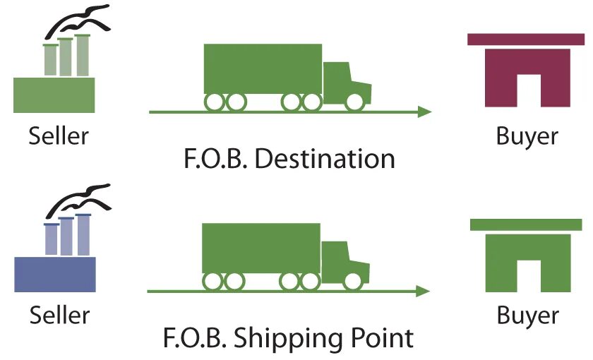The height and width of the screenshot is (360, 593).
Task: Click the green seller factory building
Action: click(54, 94)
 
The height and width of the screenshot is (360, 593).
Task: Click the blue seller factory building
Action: click(54, 274)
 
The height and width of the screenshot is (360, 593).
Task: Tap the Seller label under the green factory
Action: click(59, 134)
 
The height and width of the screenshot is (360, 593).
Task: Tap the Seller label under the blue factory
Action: click(59, 314)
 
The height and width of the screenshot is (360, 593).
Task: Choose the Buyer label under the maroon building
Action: click(527, 135)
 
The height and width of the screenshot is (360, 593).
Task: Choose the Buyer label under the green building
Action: click(527, 314)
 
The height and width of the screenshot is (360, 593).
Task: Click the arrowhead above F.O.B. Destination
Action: click(424, 112)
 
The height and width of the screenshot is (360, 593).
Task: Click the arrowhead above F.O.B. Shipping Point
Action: click(424, 291)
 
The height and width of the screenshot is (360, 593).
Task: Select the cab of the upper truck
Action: click(345, 81)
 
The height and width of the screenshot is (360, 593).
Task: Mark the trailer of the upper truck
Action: click(262, 68)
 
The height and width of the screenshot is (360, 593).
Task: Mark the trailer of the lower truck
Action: click(260, 248)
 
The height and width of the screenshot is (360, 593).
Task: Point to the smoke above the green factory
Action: click(78, 19)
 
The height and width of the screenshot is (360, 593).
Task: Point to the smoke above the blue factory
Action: click(78, 199)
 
